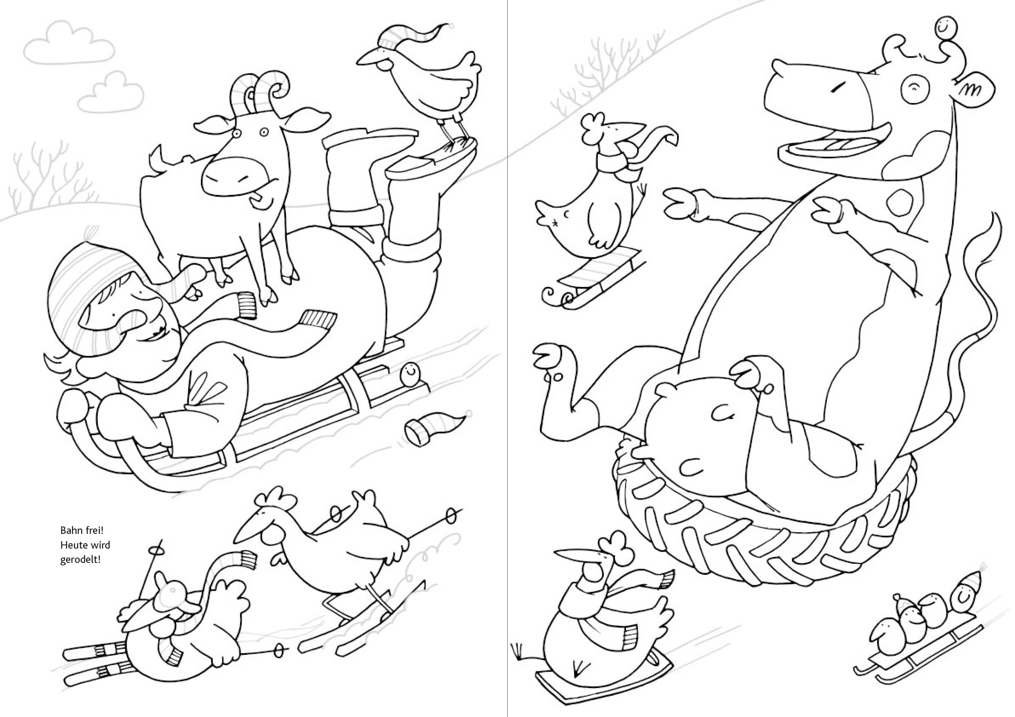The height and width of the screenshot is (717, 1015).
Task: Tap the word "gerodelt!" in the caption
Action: click(x=81, y=560)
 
